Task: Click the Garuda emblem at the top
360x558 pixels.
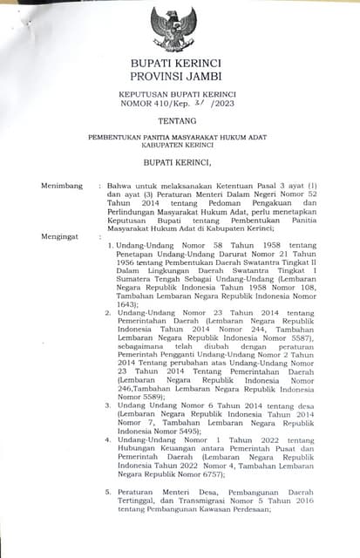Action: pyautogui.click(x=174, y=29)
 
